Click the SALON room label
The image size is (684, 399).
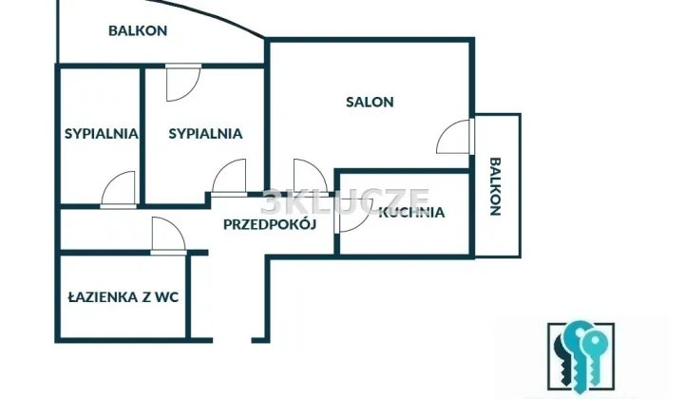click(x=370, y=102)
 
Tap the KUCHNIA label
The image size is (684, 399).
click(x=411, y=213)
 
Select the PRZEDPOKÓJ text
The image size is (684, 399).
click(x=270, y=224)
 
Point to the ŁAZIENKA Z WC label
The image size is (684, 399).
click(x=123, y=297)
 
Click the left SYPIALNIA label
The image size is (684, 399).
click(x=102, y=133)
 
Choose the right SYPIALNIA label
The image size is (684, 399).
click(x=205, y=133)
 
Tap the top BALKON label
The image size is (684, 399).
click(x=138, y=31)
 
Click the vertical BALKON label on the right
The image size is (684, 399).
click(x=496, y=186)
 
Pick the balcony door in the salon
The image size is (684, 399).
click(x=455, y=137)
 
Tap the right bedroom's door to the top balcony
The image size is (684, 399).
click(x=183, y=83)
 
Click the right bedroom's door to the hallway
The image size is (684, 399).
click(x=230, y=178)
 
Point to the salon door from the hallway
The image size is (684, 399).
click(x=310, y=178)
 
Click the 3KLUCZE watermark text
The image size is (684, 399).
click(x=346, y=201)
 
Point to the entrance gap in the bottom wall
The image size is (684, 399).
click(x=232, y=340)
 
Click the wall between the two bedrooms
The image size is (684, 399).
click(x=142, y=135)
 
